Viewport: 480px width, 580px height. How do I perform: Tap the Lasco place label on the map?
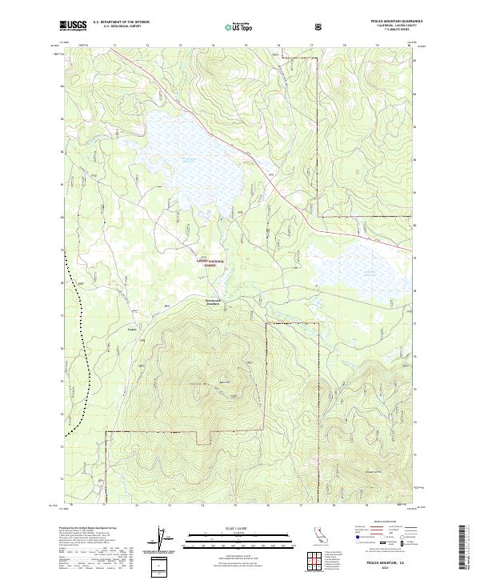pyautogui.click(x=132, y=327)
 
